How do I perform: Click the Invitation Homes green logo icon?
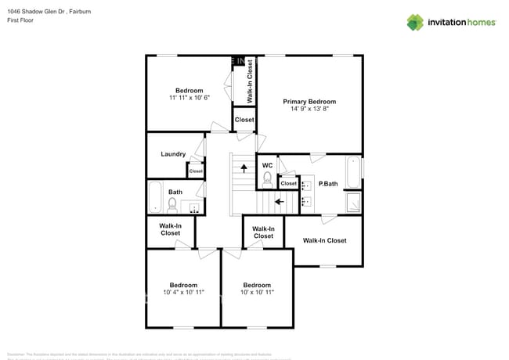click(416, 22)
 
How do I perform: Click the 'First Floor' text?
click(22, 20)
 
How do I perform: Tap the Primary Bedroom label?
click(309, 102)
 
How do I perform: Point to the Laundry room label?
click(172, 154)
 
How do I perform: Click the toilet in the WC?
click(267, 178)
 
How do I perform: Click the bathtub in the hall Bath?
click(154, 198)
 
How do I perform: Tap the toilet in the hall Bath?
click(172, 205)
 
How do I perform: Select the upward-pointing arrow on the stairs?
click(244, 167)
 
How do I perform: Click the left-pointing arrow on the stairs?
click(280, 200)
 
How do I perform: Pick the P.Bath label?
click(327, 184)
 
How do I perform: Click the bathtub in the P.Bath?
click(354, 171)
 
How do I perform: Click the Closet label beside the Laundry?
click(196, 171)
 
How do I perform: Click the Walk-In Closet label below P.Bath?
click(324, 240)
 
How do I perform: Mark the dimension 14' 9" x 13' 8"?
click(309, 110)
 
